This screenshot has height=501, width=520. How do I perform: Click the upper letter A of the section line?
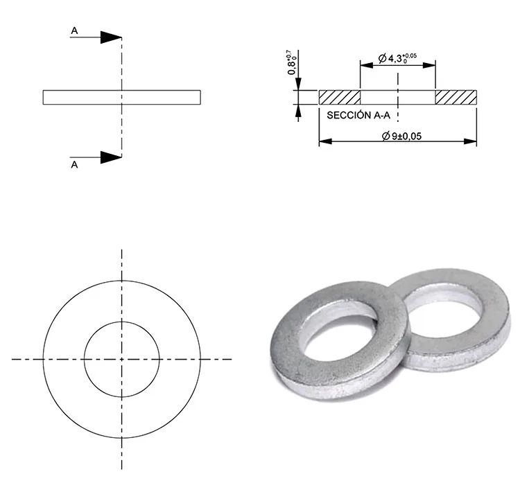(x=74, y=31)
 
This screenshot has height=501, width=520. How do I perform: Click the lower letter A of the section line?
(x=74, y=165)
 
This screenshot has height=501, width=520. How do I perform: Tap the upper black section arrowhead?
(x=111, y=37)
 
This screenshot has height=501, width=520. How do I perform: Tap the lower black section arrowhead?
(x=111, y=157)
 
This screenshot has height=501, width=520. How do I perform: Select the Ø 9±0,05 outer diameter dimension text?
(x=401, y=137)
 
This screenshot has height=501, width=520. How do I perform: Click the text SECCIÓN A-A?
(x=358, y=117)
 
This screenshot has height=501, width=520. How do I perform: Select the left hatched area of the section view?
(x=340, y=97)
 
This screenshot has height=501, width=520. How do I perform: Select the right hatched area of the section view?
(x=456, y=97)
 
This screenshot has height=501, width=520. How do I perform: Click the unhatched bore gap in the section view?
(x=397, y=97)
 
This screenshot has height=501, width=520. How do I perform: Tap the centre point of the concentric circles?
(x=122, y=359)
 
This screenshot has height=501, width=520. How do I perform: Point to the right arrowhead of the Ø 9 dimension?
(x=472, y=141)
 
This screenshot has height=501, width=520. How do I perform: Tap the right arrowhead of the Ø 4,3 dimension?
(x=431, y=64)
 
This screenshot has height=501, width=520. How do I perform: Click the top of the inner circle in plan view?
(x=122, y=322)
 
